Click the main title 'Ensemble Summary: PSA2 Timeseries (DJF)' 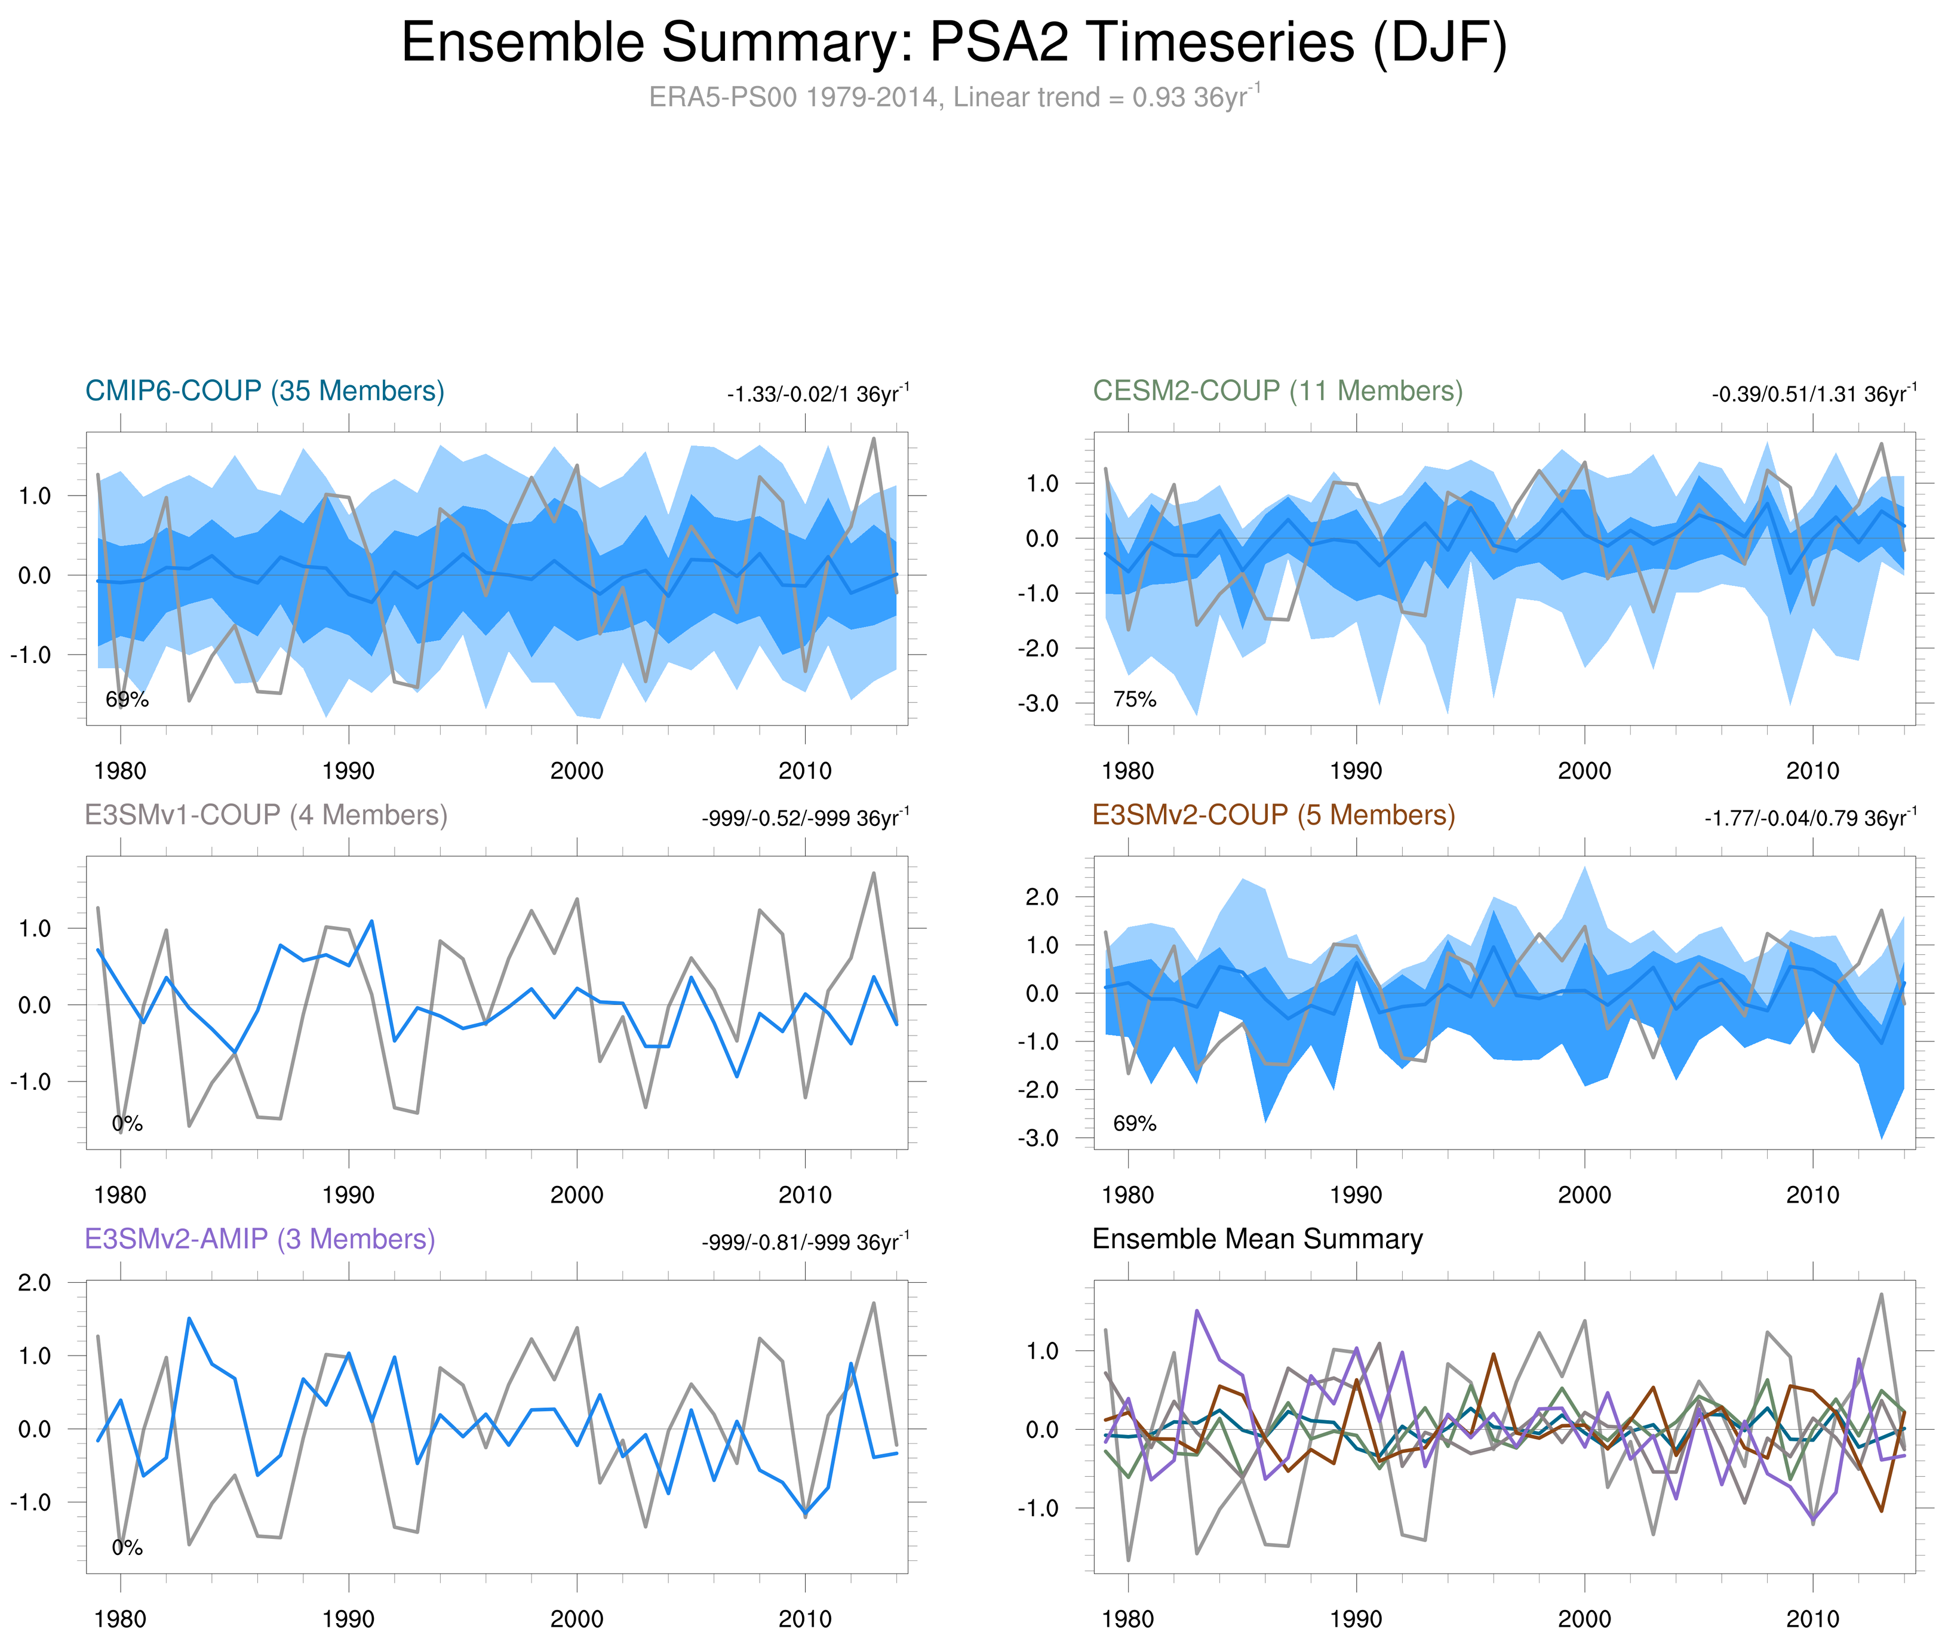click(953, 43)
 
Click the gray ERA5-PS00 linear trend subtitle click(953, 97)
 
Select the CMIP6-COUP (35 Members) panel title click(265, 391)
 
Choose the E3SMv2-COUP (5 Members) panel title click(1273, 815)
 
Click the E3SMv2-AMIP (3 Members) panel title click(260, 1239)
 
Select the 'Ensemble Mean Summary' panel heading click(1257, 1239)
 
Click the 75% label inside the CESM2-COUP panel click(1135, 699)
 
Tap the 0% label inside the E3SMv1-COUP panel click(127, 1124)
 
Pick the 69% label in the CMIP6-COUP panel click(127, 699)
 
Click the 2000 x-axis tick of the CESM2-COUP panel click(1584, 771)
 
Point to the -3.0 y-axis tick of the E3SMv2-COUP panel click(1037, 1138)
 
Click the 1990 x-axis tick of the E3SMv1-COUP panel click(348, 1195)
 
